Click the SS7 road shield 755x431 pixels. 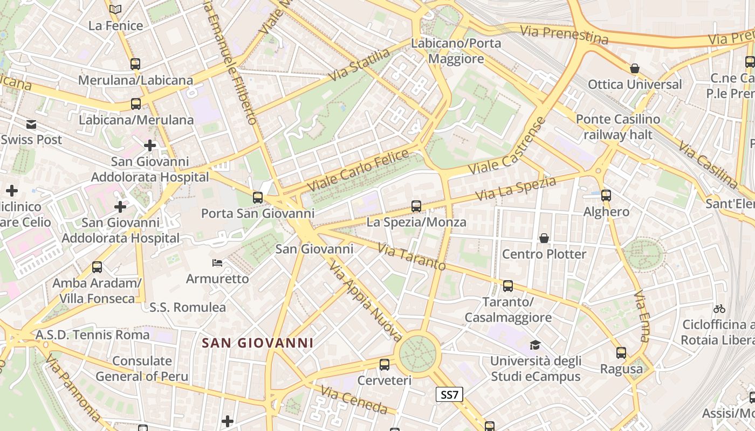449,394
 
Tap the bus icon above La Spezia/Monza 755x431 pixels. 416,206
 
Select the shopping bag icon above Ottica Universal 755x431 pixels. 635,68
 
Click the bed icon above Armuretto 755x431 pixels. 217,263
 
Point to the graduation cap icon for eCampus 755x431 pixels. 535,344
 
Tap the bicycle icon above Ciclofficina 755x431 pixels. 719,309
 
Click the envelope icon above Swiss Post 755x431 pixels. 31,124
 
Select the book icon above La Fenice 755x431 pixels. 115,9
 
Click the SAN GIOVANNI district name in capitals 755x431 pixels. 257,343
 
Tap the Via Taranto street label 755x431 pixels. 411,257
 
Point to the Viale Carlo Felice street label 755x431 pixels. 358,170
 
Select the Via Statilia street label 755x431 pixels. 359,65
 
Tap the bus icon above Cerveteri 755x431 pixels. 385,365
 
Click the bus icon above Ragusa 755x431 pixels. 621,353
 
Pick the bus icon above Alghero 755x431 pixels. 606,196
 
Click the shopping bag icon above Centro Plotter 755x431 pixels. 544,238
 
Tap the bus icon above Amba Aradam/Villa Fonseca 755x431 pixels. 97,267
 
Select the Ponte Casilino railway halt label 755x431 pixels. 617,127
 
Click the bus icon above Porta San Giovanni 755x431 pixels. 258,197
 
